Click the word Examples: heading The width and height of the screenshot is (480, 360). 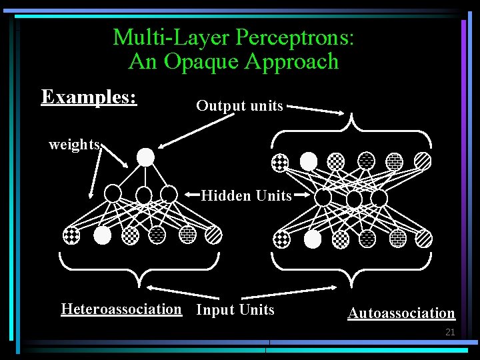click(89, 97)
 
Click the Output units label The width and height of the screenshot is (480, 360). click(239, 105)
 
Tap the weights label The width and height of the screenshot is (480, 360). click(74, 144)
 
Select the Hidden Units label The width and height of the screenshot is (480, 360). click(246, 195)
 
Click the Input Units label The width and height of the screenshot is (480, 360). click(235, 309)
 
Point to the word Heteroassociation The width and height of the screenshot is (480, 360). click(121, 309)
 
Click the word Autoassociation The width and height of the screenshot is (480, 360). click(401, 313)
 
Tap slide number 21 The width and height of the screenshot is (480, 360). click(449, 331)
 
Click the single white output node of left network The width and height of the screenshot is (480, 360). click(145, 157)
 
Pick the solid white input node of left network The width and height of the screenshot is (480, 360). click(102, 235)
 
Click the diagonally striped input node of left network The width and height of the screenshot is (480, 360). click(213, 235)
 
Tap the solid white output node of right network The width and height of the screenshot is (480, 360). click(309, 161)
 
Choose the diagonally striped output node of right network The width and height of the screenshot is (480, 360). click(423, 161)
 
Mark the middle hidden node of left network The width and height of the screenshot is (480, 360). click(144, 195)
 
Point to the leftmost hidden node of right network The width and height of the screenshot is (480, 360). click(323, 197)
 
